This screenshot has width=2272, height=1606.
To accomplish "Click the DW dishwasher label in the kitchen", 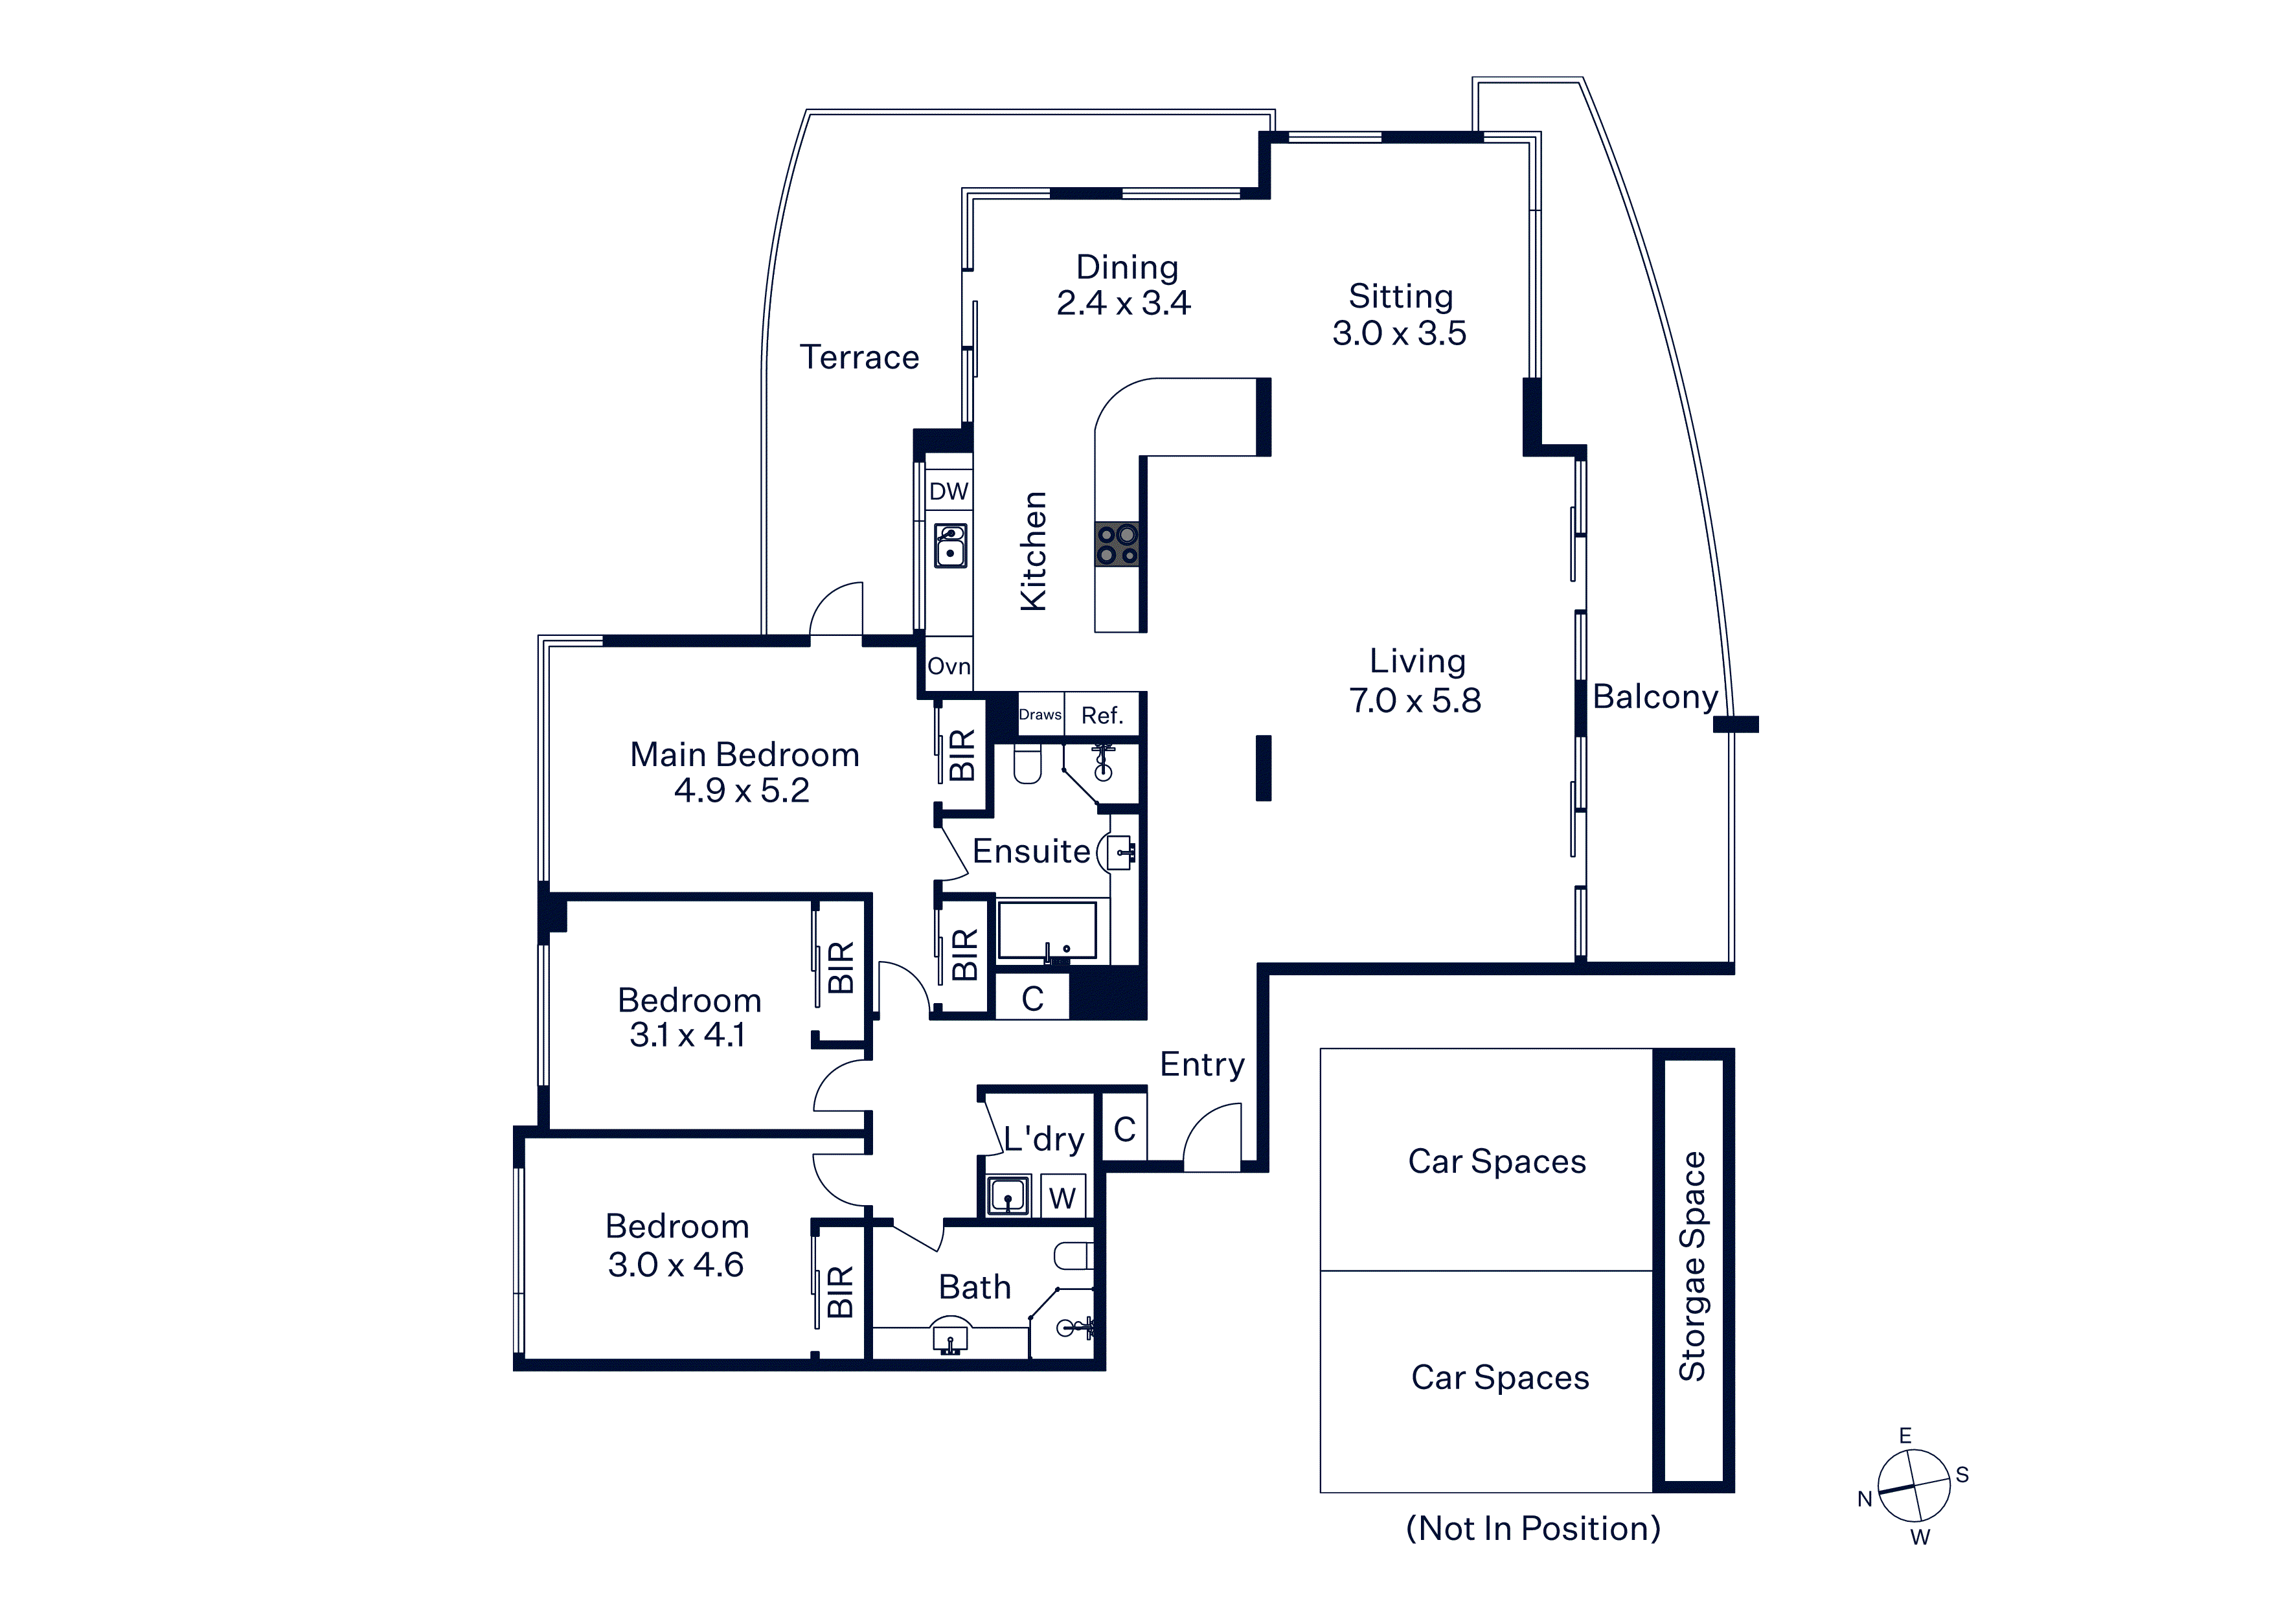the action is pyautogui.click(x=948, y=491).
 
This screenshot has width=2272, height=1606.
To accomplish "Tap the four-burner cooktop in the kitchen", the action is pyautogui.click(x=1117, y=544).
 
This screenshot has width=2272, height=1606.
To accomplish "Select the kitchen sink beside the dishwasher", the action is pyautogui.click(x=950, y=545).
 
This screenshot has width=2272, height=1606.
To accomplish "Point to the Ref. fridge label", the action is pyautogui.click(x=1102, y=716).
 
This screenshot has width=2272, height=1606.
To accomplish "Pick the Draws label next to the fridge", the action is pyautogui.click(x=1040, y=714).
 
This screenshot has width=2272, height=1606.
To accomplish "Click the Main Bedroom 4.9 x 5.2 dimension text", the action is pyautogui.click(x=742, y=791).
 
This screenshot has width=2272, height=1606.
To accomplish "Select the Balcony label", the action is pyautogui.click(x=1655, y=697).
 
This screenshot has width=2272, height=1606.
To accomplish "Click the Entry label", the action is pyautogui.click(x=1202, y=1065).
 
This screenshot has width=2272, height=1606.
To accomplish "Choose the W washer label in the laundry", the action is pyautogui.click(x=1062, y=1198).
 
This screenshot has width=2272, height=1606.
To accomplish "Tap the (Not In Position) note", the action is pyautogui.click(x=1533, y=1529).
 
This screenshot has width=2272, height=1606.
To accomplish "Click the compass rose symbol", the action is pyautogui.click(x=1914, y=1486).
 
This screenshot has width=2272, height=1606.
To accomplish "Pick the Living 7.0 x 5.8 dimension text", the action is pyautogui.click(x=1415, y=701).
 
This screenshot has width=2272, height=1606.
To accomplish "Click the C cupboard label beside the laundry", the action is pyautogui.click(x=1124, y=1129).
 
